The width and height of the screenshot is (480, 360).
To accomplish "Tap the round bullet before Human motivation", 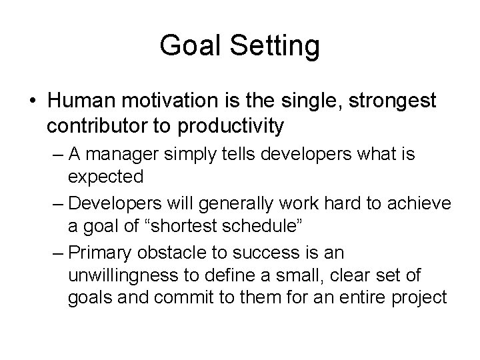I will tap(33, 102).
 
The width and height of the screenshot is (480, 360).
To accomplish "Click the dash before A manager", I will tap(56, 155).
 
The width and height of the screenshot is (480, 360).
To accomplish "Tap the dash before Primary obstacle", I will tap(56, 251).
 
